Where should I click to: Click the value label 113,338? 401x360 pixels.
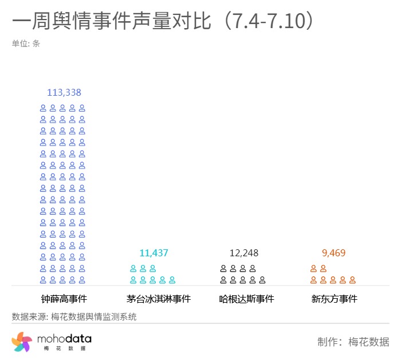(64, 92)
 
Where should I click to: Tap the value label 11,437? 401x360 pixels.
(154, 253)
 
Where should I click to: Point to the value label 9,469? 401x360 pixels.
(334, 253)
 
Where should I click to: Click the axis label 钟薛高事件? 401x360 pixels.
(64, 299)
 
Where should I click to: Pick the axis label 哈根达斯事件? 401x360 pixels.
(247, 299)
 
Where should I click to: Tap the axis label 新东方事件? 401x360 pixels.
(335, 299)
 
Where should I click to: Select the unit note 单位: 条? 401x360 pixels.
(26, 43)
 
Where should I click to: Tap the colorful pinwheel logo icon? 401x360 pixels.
(22, 342)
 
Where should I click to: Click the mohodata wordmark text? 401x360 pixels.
(64, 340)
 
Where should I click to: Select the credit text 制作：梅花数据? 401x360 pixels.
(353, 342)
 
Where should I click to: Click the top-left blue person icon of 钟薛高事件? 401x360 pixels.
(43, 108)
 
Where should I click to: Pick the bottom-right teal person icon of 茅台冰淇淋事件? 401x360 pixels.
(172, 280)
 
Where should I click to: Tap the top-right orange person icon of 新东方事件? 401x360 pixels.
(323, 268)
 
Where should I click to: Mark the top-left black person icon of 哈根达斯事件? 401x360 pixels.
(223, 268)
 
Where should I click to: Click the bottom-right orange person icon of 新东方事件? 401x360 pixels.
(353, 280)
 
